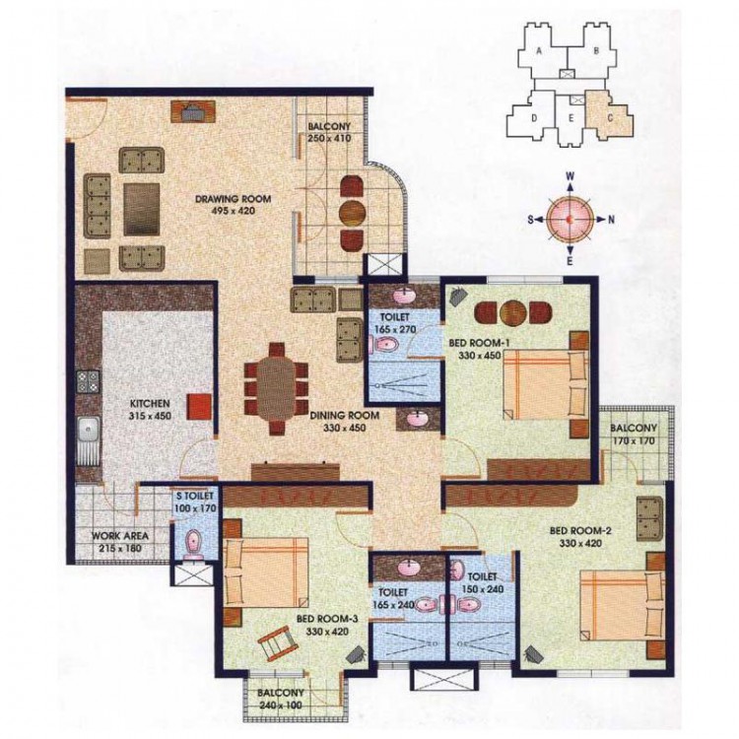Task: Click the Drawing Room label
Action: (x=234, y=199)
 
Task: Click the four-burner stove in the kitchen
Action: (x=88, y=381)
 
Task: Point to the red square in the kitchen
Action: (x=199, y=407)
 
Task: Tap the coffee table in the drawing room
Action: (x=141, y=209)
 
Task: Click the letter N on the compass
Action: (x=611, y=219)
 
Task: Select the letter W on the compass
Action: (x=570, y=176)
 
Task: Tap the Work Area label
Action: (x=119, y=536)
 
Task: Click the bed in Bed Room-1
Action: (x=545, y=384)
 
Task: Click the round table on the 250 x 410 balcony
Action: (x=353, y=213)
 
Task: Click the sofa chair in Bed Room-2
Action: (x=649, y=518)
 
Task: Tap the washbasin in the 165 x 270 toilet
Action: (x=404, y=296)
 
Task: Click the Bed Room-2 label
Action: (x=580, y=531)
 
